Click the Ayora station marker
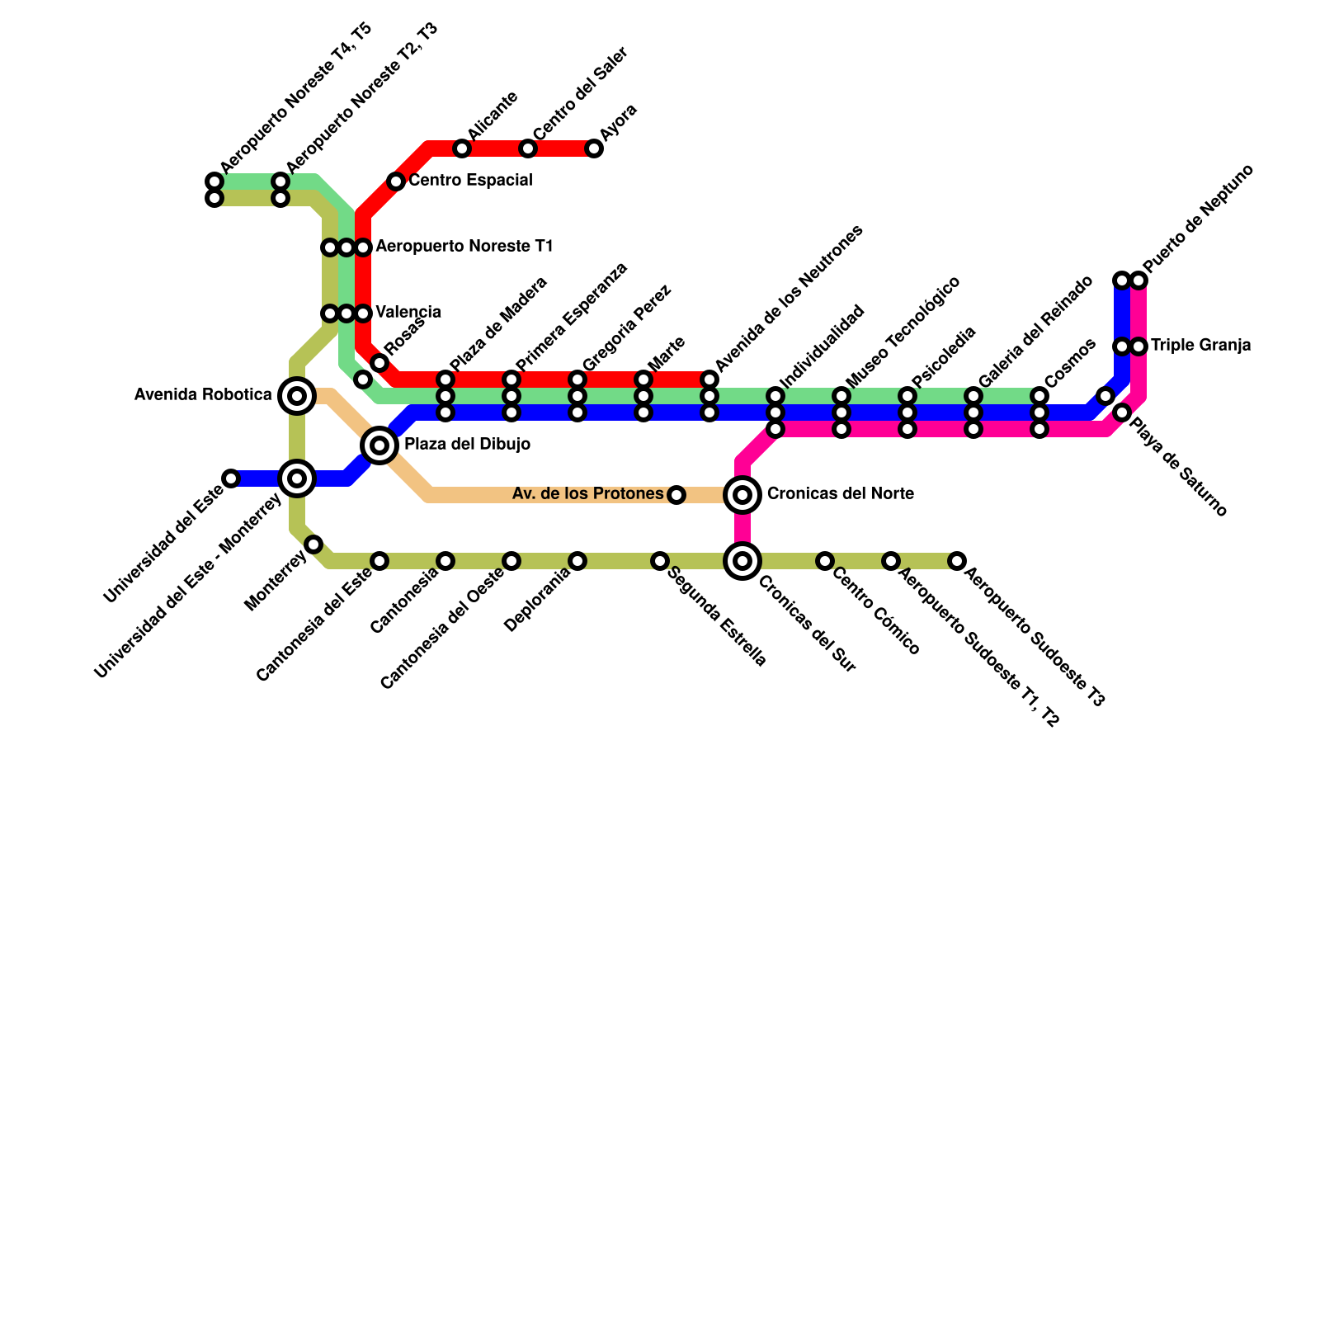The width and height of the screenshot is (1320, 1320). [594, 148]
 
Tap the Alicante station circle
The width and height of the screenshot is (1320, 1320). [462, 148]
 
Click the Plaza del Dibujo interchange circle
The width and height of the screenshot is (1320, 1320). [379, 445]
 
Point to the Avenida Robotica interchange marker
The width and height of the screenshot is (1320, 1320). [297, 396]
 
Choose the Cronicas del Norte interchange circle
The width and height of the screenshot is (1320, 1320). [742, 495]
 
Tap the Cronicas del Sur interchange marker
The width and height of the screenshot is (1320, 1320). [742, 561]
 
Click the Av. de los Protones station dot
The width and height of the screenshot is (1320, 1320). [676, 495]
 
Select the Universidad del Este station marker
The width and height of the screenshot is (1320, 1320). [231, 478]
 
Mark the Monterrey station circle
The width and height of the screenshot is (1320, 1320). [313, 544]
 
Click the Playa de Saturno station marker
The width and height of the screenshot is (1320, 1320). [1122, 412]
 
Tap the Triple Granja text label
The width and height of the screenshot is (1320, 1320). [1201, 346]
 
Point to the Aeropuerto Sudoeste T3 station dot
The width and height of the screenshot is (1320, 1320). [957, 561]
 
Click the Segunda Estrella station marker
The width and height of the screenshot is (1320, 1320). [660, 561]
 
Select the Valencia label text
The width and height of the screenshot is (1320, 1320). [408, 313]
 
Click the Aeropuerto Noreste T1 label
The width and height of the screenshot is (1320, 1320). [464, 247]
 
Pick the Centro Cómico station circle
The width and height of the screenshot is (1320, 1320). [825, 561]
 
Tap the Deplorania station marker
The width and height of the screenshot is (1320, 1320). [577, 561]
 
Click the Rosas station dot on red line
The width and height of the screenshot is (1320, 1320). [379, 363]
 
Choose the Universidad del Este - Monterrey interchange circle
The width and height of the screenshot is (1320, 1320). [297, 478]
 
